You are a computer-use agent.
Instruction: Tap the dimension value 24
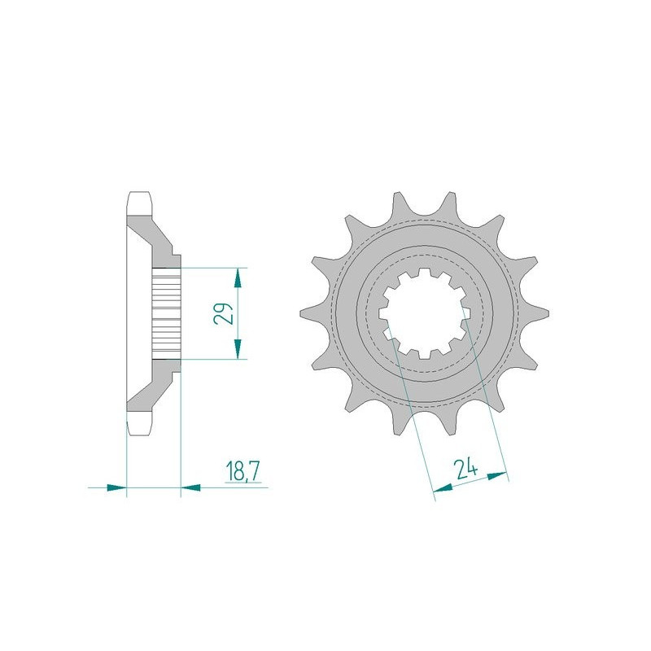[x=465, y=470]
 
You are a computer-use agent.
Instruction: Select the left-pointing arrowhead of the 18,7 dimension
[x=190, y=488]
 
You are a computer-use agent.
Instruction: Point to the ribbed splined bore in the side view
[x=166, y=312]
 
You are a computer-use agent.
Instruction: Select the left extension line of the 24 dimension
[x=411, y=415]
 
